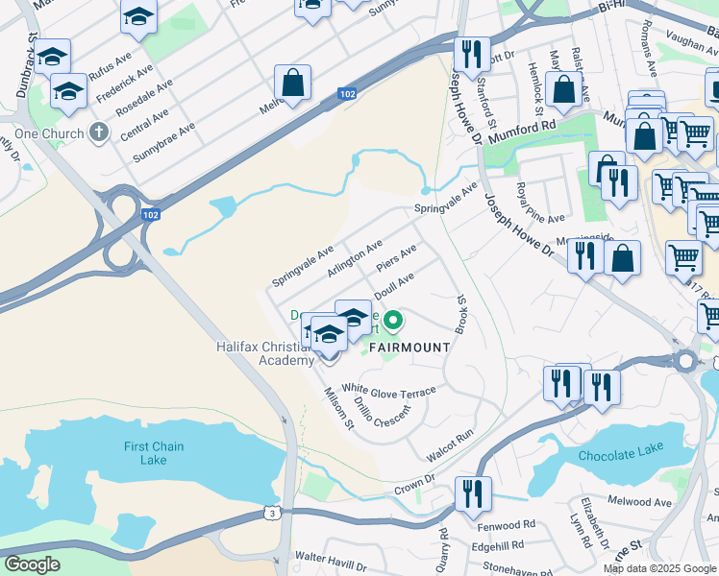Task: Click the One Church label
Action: coord(46,132)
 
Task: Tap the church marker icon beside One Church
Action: coord(98,132)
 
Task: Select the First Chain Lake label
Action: coord(153,453)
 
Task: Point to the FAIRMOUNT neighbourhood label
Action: coord(406,347)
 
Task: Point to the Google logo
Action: coord(33,564)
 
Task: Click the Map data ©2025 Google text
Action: coord(660,568)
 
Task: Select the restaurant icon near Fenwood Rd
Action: coord(472,494)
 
